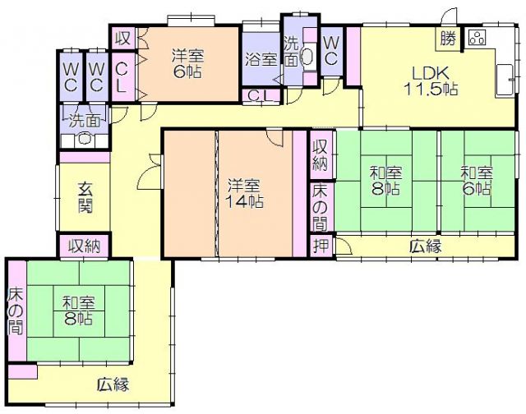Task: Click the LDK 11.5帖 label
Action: coord(431,81)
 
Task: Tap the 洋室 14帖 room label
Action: coord(244,193)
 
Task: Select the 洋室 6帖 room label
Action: coord(187,64)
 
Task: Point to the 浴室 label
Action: coord(261,59)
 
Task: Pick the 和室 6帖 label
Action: coord(477,181)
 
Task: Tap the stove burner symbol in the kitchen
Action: coord(478,37)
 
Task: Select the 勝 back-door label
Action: coord(448,39)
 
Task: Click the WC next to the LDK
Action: coord(330,50)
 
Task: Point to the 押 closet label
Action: coord(321,246)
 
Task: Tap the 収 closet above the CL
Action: coord(122,39)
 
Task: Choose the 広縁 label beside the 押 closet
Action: coord(426,247)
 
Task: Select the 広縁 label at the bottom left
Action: coord(113,384)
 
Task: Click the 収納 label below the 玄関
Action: coord(85,246)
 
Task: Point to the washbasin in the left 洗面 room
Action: coord(84,138)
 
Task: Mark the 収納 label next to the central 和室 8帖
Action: coord(321,155)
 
